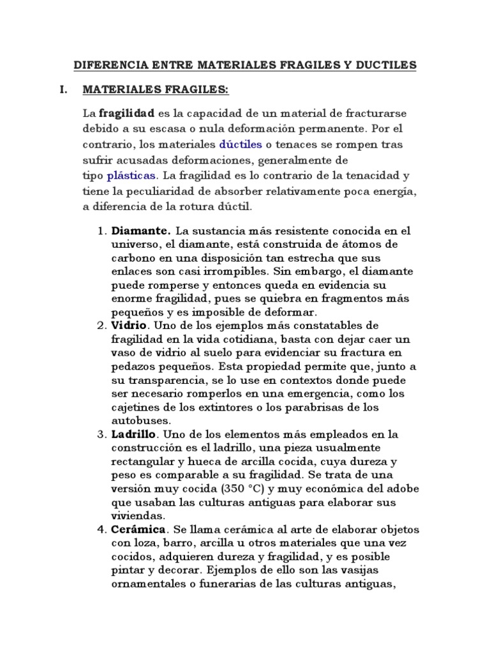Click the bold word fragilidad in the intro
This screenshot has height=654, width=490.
pos(128,113)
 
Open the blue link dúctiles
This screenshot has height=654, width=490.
pos(241,144)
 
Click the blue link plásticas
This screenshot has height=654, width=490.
pos(131,175)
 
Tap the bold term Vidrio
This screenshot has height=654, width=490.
pos(128,325)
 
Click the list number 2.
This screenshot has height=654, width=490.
pos(101,325)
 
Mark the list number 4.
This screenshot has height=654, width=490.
pos(101,529)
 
